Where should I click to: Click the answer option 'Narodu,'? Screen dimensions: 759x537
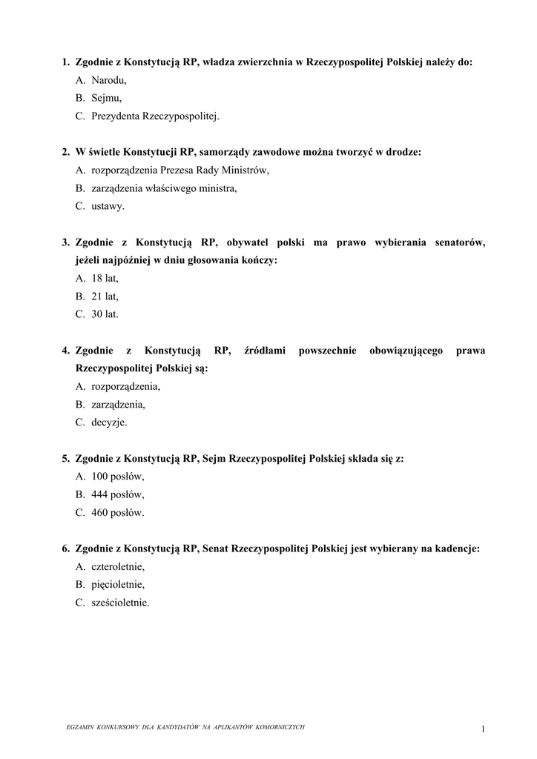(x=109, y=80)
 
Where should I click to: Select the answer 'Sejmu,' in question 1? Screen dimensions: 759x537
(x=107, y=98)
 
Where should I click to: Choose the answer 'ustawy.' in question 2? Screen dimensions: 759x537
(x=108, y=206)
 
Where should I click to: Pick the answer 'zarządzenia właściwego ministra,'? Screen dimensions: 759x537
(x=164, y=188)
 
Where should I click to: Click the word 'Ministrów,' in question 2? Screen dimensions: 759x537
(x=246, y=170)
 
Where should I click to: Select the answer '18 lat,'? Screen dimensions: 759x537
(x=105, y=278)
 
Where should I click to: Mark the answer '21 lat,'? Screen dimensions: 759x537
(x=105, y=296)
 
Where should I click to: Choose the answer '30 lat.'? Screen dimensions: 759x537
(x=105, y=314)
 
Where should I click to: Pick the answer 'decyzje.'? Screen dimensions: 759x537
(x=109, y=422)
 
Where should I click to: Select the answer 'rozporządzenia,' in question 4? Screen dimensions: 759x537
(x=125, y=386)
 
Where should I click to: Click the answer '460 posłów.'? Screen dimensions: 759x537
(x=118, y=512)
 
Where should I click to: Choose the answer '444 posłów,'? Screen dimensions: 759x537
(x=118, y=494)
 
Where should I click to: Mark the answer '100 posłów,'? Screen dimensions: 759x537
(x=118, y=477)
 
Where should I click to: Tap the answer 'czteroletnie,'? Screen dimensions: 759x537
(x=118, y=566)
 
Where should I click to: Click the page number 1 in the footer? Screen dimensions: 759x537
(x=483, y=729)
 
